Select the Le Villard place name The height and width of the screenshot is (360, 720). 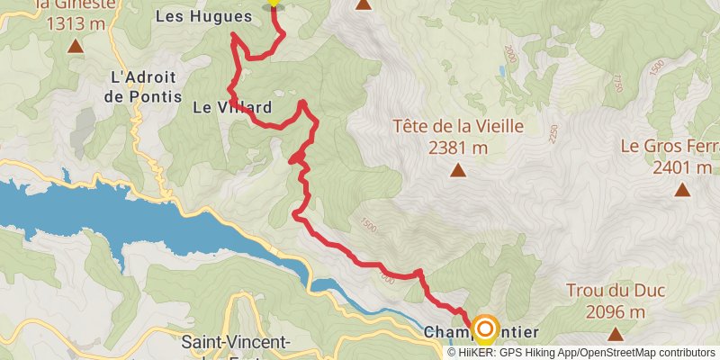tap(231, 107)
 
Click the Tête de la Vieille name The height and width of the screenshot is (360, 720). tap(457, 126)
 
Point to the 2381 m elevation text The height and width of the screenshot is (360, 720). tap(457, 147)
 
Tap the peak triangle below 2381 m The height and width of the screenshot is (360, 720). tap(457, 169)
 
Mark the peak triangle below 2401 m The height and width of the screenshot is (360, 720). tap(682, 190)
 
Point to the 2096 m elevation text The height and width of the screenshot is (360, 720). tap(616, 312)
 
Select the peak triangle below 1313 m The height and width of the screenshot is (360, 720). tap(75, 45)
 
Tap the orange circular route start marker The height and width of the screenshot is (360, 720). tap(485, 329)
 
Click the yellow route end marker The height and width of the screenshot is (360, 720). tap(273, 3)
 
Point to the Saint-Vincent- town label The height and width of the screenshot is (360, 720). tap(235, 342)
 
